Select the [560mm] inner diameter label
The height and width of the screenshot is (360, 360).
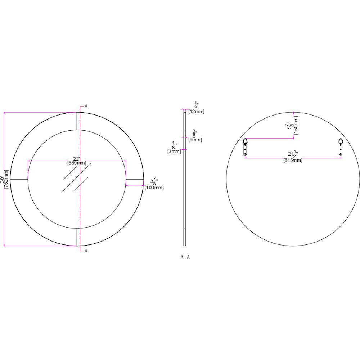(77, 163)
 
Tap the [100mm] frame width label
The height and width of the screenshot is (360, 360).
(154, 188)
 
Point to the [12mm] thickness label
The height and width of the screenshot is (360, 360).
(196, 112)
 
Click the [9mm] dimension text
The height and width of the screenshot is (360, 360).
(195, 140)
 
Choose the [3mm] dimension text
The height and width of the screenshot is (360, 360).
(174, 152)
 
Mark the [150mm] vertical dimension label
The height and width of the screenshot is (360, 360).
(296, 125)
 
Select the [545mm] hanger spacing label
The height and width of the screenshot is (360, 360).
(293, 161)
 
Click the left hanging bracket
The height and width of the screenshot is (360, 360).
(245, 147)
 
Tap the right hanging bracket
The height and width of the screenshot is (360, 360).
(341, 147)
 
